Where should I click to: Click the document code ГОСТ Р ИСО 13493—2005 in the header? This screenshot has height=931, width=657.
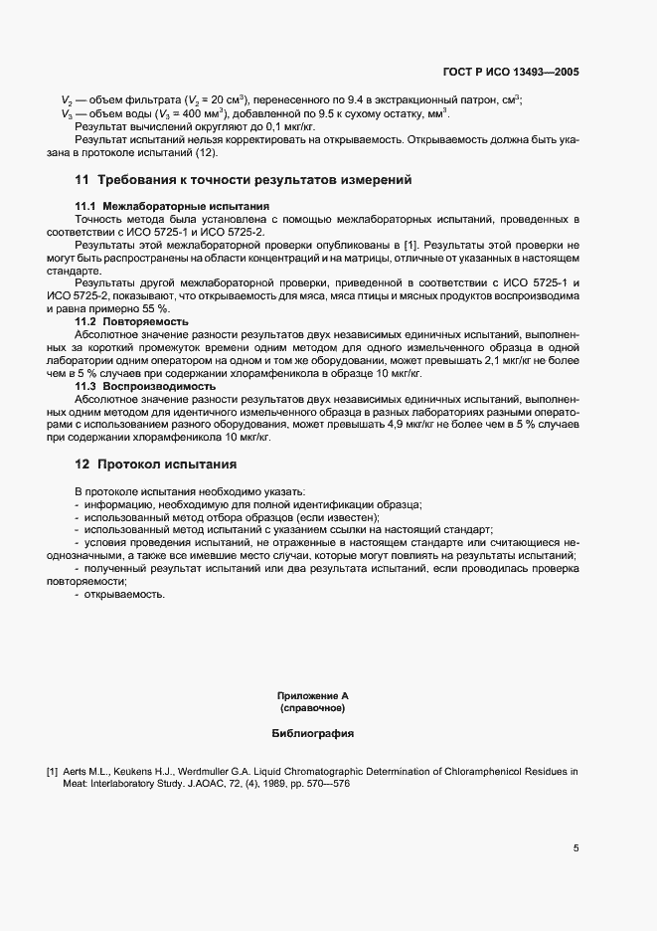click(x=511, y=72)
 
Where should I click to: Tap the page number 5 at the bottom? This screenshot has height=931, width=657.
click(x=575, y=848)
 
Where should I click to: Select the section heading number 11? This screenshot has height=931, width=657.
click(x=82, y=180)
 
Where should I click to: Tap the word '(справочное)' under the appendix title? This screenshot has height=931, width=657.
click(x=313, y=709)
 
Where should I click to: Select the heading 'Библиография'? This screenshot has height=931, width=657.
click(x=313, y=734)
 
